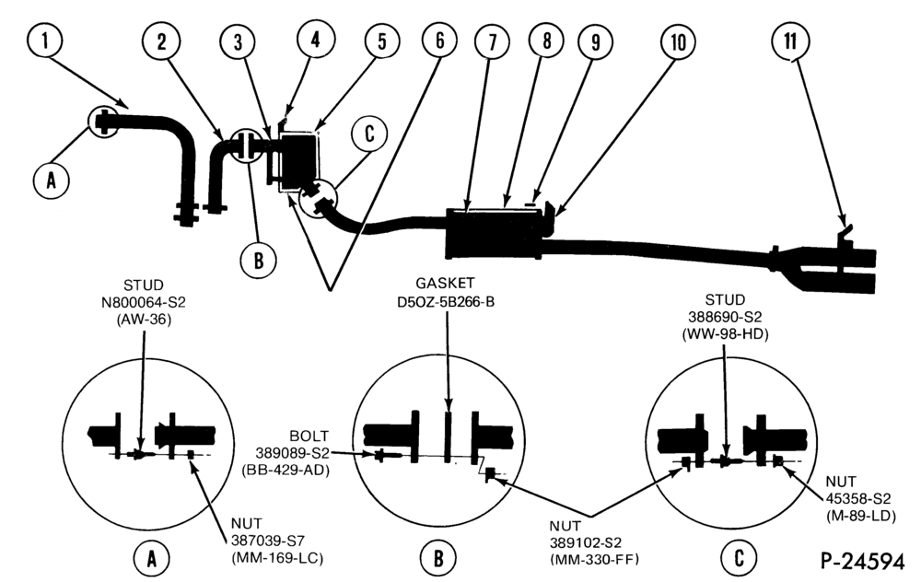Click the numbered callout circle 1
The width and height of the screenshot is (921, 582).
click(44, 41)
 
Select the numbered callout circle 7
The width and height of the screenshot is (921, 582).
click(491, 41)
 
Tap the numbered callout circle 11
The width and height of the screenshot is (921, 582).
click(790, 41)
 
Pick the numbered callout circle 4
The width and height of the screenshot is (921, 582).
click(315, 40)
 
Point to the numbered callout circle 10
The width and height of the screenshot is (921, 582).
click(678, 41)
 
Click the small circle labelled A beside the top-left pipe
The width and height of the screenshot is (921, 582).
click(51, 180)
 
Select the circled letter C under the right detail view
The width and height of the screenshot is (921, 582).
click(739, 557)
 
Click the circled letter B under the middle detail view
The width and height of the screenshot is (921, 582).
click(438, 557)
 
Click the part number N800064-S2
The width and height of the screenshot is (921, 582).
click(144, 303)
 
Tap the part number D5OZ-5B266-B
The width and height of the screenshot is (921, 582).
click(446, 302)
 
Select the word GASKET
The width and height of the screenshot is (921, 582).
click(445, 284)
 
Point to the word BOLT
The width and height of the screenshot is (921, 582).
click(309, 436)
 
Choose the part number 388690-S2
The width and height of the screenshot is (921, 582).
click(725, 317)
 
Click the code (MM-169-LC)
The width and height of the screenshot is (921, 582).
click(277, 557)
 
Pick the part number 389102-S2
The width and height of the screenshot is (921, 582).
click(586, 542)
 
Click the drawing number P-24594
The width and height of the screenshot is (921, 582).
click(862, 562)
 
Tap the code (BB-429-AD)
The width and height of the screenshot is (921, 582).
click(286, 470)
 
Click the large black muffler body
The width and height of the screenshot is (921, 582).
click(495, 234)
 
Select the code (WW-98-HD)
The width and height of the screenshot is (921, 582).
click(725, 334)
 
